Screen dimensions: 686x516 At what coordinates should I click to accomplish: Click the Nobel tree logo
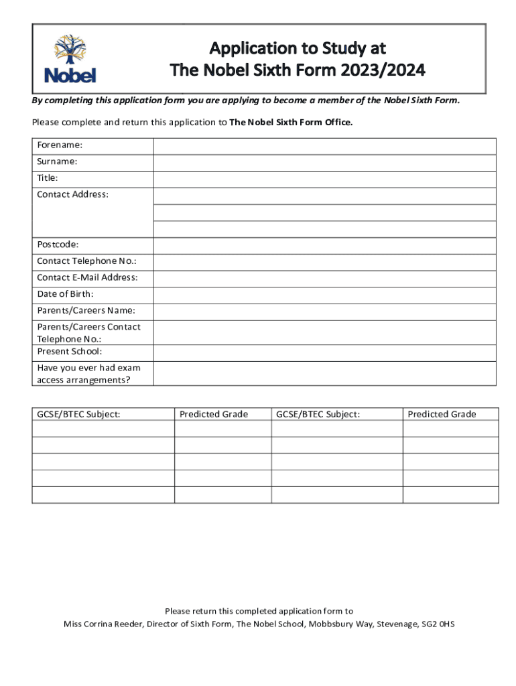70,59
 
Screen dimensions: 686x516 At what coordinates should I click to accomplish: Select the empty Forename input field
324,146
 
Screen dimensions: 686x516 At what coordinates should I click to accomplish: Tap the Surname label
57,162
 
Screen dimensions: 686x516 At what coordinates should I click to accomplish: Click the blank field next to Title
324,179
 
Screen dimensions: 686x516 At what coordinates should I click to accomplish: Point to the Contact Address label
72,194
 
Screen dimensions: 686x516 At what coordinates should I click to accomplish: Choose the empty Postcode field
324,245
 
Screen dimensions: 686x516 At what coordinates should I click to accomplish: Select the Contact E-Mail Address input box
324,278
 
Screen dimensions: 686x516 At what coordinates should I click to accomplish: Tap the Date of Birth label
65,294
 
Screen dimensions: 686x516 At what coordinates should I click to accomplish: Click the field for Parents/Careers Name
324,311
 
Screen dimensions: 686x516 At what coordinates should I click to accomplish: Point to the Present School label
69,352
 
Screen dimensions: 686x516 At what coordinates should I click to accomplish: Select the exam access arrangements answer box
324,374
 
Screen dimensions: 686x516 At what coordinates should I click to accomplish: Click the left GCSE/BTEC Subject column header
78,414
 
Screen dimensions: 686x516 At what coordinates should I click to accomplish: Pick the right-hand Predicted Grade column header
442,414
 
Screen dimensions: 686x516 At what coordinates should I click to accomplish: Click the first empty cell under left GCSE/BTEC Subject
103,429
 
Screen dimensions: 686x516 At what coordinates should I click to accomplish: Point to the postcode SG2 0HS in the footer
438,624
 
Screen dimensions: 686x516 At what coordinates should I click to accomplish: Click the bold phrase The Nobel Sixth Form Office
291,123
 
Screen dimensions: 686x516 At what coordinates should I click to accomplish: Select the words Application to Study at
298,48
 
